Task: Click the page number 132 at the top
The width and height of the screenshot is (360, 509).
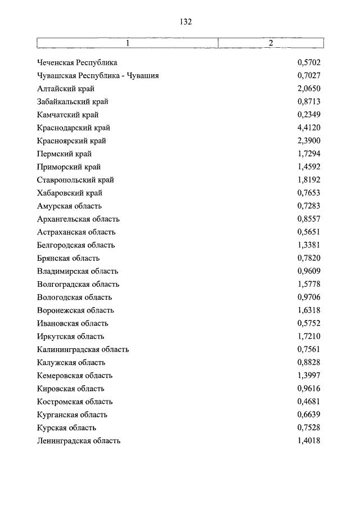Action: [x=186, y=22]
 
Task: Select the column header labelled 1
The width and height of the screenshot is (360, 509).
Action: [x=127, y=43]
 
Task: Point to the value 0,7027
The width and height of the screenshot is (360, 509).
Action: [x=308, y=75]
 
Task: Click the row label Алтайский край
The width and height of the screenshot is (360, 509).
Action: [x=66, y=89]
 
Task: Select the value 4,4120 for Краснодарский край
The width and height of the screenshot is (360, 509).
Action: [x=308, y=128]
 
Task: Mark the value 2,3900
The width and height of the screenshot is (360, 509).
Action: [x=308, y=141]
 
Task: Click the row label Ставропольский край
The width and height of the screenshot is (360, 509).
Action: [x=75, y=180]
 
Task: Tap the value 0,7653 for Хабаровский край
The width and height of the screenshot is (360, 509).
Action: [x=308, y=193]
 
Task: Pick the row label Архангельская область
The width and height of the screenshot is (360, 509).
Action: [x=78, y=219]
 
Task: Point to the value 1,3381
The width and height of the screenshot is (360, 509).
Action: [x=308, y=245]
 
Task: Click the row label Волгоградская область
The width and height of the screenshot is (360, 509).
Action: [x=78, y=284]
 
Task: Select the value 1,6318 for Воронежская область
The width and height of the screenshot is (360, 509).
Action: [x=308, y=310]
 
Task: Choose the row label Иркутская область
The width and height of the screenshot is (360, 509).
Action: [x=71, y=336]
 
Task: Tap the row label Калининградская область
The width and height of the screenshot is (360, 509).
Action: [x=83, y=349]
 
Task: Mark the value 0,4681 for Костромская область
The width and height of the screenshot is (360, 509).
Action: [x=308, y=402]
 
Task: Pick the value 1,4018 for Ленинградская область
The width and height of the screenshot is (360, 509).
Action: [x=308, y=441]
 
